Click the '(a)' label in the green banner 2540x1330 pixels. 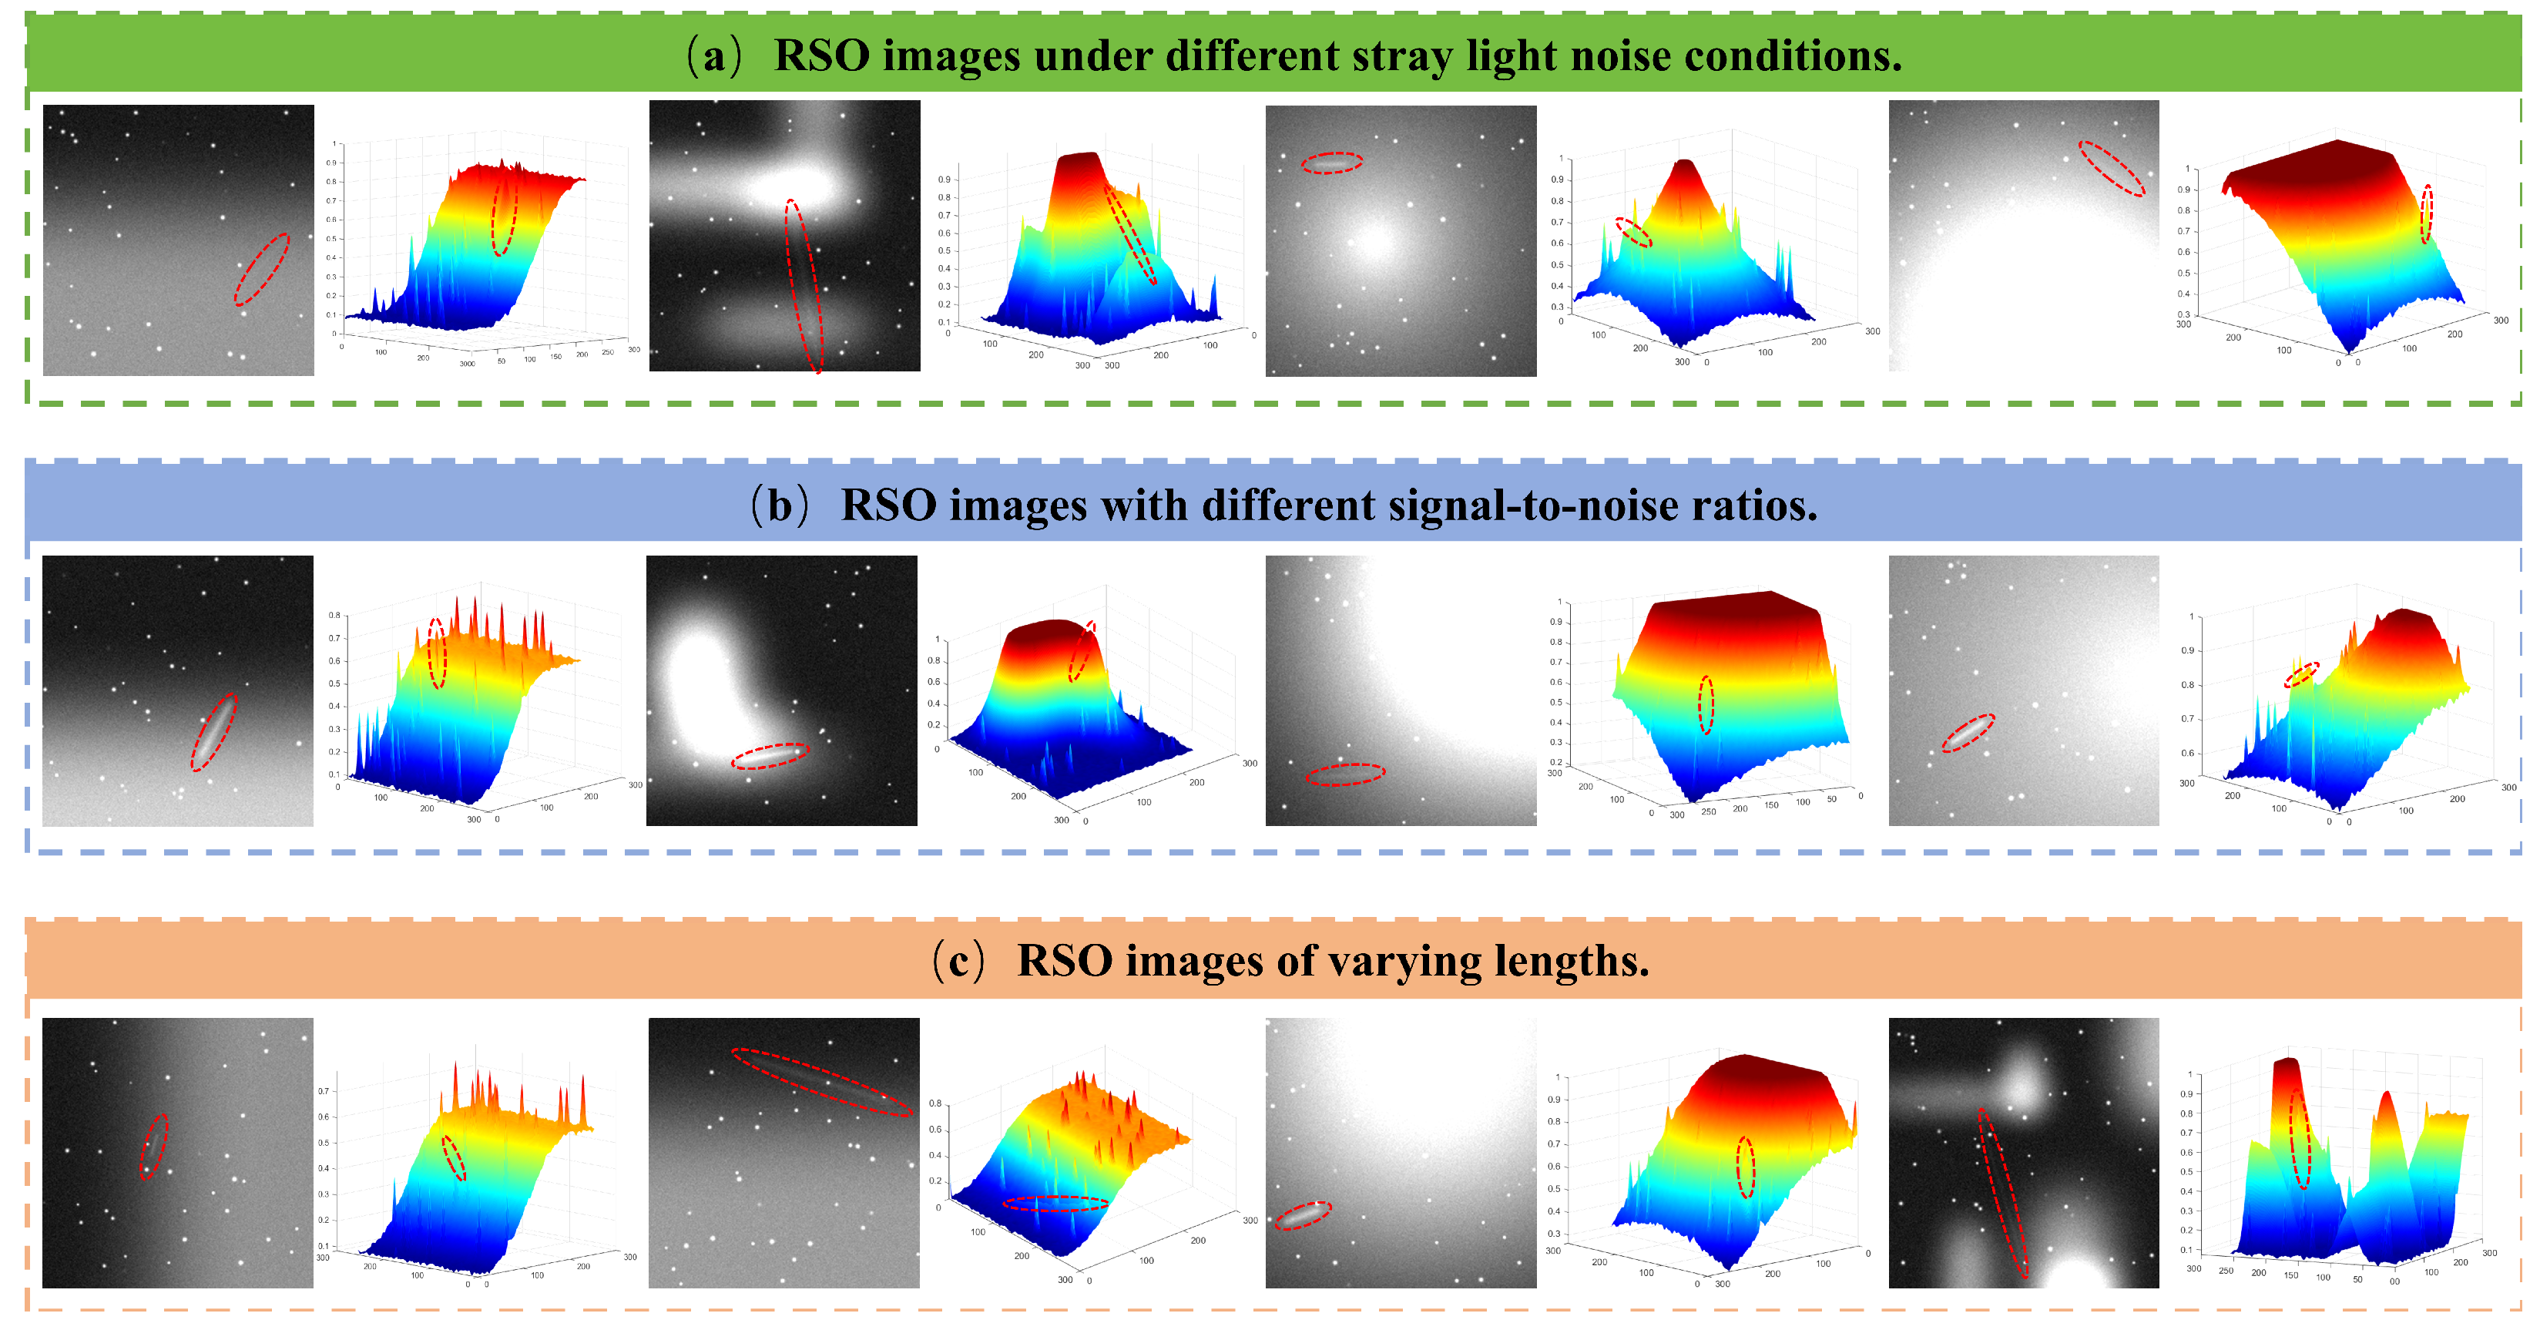[x=713, y=56]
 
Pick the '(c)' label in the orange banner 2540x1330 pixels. [x=958, y=961]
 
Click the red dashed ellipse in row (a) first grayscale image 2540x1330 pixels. [x=261, y=269]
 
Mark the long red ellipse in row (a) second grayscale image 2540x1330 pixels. [x=804, y=286]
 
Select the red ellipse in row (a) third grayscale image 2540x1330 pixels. [x=1331, y=163]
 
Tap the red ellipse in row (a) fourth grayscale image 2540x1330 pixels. [x=2111, y=169]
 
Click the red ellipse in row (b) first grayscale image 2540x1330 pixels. [x=214, y=731]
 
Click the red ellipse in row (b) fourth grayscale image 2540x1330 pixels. [x=1968, y=733]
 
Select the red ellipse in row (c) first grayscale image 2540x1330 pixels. [x=154, y=1146]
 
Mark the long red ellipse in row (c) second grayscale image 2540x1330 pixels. [x=820, y=1082]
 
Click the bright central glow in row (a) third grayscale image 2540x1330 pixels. [x=1374, y=240]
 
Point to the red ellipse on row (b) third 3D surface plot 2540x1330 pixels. [x=1706, y=704]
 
